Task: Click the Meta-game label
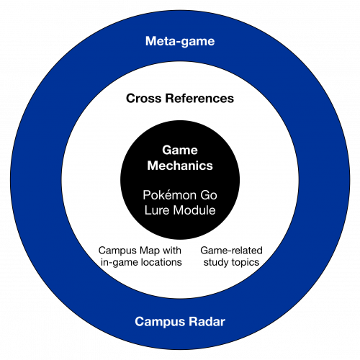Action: click(180, 41)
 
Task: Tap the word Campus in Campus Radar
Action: click(160, 322)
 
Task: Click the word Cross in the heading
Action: click(143, 99)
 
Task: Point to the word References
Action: click(199, 99)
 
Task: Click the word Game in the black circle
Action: click(180, 150)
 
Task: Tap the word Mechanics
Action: click(180, 166)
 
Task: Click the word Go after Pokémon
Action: click(209, 195)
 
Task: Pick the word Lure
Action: click(157, 210)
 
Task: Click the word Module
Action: click(194, 210)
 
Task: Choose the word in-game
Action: click(119, 262)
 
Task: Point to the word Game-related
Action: click(231, 251)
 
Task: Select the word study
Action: click(216, 262)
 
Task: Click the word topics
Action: click(246, 263)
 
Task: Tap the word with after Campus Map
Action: click(172, 251)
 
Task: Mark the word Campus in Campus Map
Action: click(117, 251)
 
